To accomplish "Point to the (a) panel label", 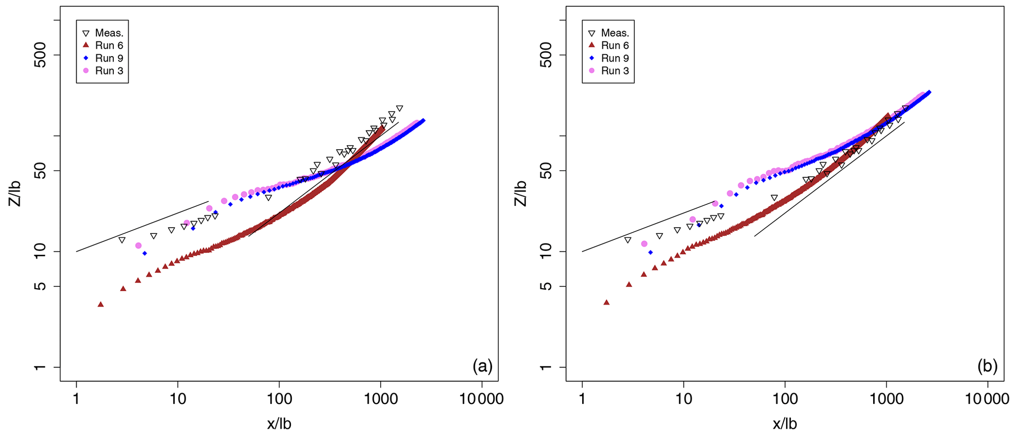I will pyautogui.click(x=482, y=366).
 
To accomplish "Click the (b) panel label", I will pyautogui.click(x=987, y=366).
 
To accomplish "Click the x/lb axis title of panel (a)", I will pyautogui.click(x=279, y=424).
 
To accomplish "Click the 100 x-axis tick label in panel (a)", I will pyautogui.click(x=279, y=398).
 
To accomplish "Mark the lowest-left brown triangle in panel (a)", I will pyautogui.click(x=100, y=304).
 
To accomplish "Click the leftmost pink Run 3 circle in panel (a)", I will pyautogui.click(x=138, y=245).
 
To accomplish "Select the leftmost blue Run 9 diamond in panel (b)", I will pyautogui.click(x=651, y=252).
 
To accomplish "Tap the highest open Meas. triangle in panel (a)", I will pyautogui.click(x=399, y=108).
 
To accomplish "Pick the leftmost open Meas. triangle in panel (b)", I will pyautogui.click(x=627, y=240).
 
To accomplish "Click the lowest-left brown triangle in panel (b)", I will pyautogui.click(x=606, y=302).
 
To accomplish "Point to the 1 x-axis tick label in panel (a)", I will pyautogui.click(x=76, y=398).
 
